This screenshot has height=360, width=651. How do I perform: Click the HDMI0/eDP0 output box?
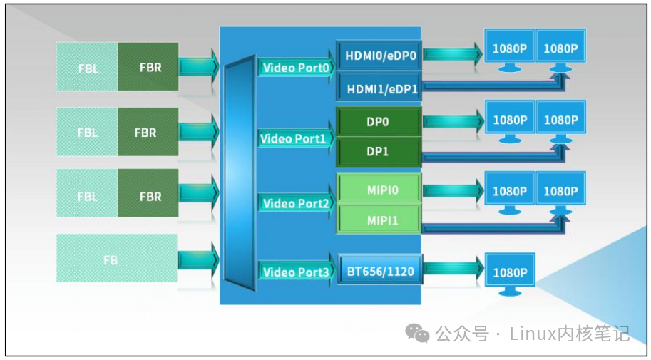coord(379,55)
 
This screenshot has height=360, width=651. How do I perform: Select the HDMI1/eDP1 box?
coord(379,88)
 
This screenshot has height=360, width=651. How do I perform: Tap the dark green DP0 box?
coord(379,122)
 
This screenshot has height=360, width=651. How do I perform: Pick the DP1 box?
coord(379,152)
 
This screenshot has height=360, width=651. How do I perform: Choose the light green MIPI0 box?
coord(379,190)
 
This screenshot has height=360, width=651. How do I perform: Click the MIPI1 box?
coord(379,220)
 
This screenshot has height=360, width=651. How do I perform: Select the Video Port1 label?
coord(295,139)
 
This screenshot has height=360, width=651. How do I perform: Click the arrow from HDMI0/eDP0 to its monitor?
coord(453,53)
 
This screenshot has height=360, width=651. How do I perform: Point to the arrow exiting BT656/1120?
coord(453,271)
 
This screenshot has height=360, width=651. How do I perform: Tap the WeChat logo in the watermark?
coord(417,332)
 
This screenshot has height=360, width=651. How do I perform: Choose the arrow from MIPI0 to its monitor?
coord(453,190)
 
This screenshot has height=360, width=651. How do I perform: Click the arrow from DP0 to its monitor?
coord(453,121)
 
